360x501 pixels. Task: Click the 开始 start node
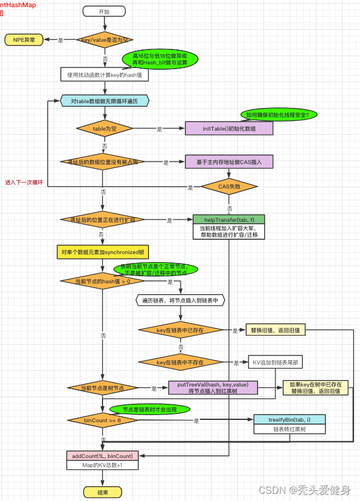click(x=105, y=12)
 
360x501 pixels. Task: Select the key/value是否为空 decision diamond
click(x=105, y=40)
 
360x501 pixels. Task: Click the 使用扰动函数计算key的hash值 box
click(x=104, y=76)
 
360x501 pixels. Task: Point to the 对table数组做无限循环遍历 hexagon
click(x=104, y=101)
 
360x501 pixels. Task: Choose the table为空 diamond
click(x=105, y=129)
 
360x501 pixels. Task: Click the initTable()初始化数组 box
click(x=229, y=129)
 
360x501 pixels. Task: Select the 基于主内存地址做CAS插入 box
click(x=229, y=162)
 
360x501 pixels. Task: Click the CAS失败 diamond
click(x=229, y=187)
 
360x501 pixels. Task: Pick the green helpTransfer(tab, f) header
click(x=229, y=219)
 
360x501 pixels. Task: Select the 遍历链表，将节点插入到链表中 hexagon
click(x=180, y=300)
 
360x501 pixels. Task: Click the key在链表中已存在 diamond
click(x=180, y=330)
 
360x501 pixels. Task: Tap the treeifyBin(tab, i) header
click(x=289, y=419)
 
